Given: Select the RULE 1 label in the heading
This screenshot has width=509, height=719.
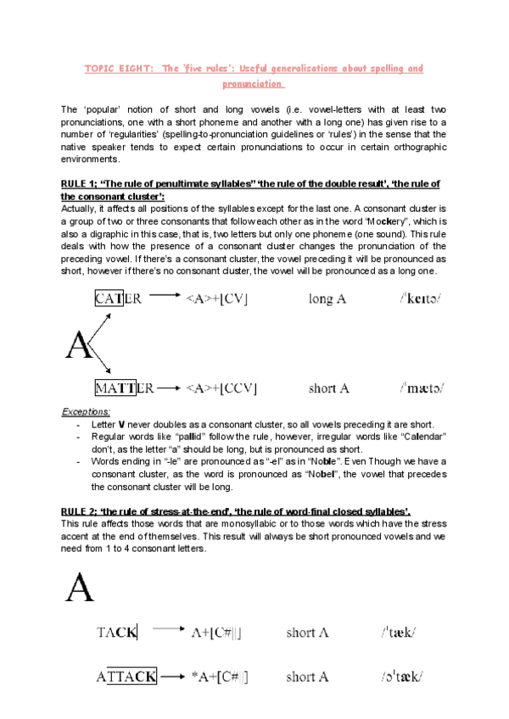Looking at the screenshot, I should click(x=81, y=185).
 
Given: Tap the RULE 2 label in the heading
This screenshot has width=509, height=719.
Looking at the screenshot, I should click(x=81, y=510).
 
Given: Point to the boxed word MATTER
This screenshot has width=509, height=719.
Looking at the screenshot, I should click(x=124, y=388).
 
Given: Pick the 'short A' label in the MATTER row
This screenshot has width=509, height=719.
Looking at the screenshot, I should click(x=329, y=388).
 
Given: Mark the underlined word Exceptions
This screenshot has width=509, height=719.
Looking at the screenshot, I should click(x=86, y=411).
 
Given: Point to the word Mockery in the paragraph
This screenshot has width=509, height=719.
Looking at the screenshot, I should click(x=360, y=217).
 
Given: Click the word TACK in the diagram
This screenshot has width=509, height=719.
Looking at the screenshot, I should click(x=116, y=633).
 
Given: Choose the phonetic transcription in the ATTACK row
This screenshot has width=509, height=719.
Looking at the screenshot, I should click(x=402, y=677).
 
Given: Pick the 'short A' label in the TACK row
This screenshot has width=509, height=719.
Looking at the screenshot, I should click(x=307, y=633).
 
